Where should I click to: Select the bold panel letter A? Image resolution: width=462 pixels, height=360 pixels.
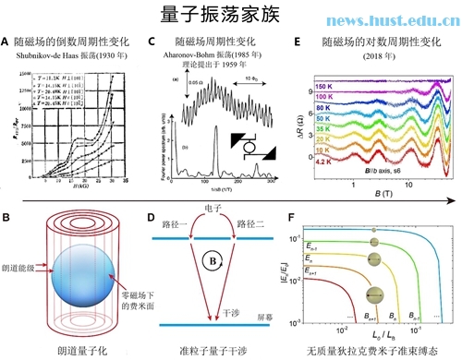point(6,42)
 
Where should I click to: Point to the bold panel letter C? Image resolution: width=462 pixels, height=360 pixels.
point(153,42)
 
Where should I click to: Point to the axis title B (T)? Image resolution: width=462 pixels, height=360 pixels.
point(380,197)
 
